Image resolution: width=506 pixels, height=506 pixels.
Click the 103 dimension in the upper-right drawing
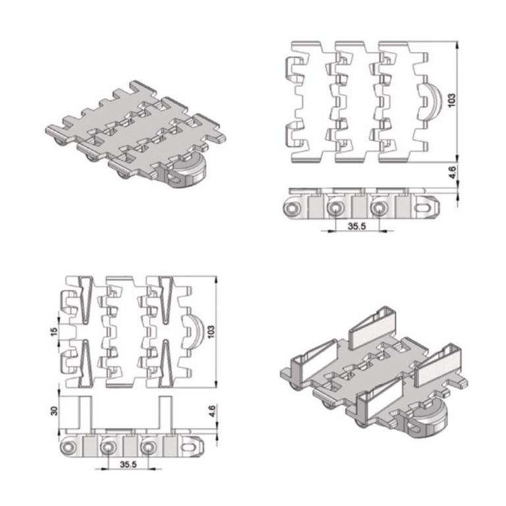[452, 99]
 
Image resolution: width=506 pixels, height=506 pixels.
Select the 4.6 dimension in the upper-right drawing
[453, 172]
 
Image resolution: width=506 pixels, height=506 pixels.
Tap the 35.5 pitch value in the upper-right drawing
[356, 226]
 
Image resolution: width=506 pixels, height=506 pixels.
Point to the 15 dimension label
[54, 331]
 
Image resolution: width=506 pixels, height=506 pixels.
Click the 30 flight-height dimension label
[54, 411]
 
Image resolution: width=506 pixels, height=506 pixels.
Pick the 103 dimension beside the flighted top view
[211, 332]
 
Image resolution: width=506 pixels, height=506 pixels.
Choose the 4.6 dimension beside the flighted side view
[212, 411]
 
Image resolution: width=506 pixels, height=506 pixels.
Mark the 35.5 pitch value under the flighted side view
[128, 464]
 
